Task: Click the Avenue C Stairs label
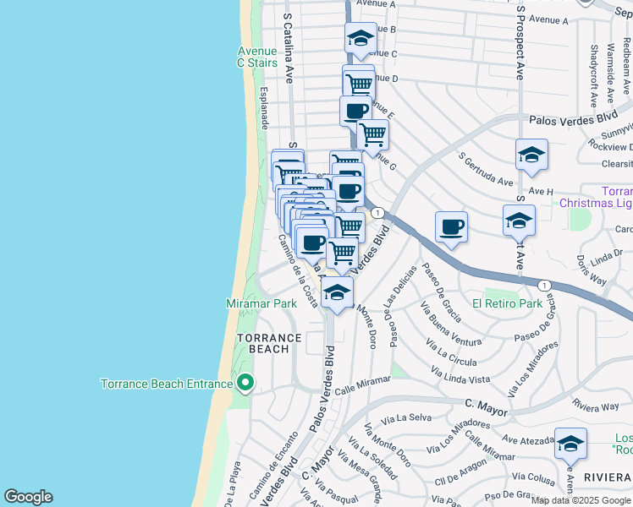(257, 57)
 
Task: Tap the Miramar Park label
(261, 303)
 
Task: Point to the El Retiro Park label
(507, 303)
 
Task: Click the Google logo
(29, 497)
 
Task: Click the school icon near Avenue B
(360, 39)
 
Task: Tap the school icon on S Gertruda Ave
(531, 155)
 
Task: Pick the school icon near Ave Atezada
(570, 443)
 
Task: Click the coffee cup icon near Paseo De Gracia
(452, 227)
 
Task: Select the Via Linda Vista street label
(460, 374)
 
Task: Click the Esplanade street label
(264, 106)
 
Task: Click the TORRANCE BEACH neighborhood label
(268, 343)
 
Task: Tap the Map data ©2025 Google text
(581, 499)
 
